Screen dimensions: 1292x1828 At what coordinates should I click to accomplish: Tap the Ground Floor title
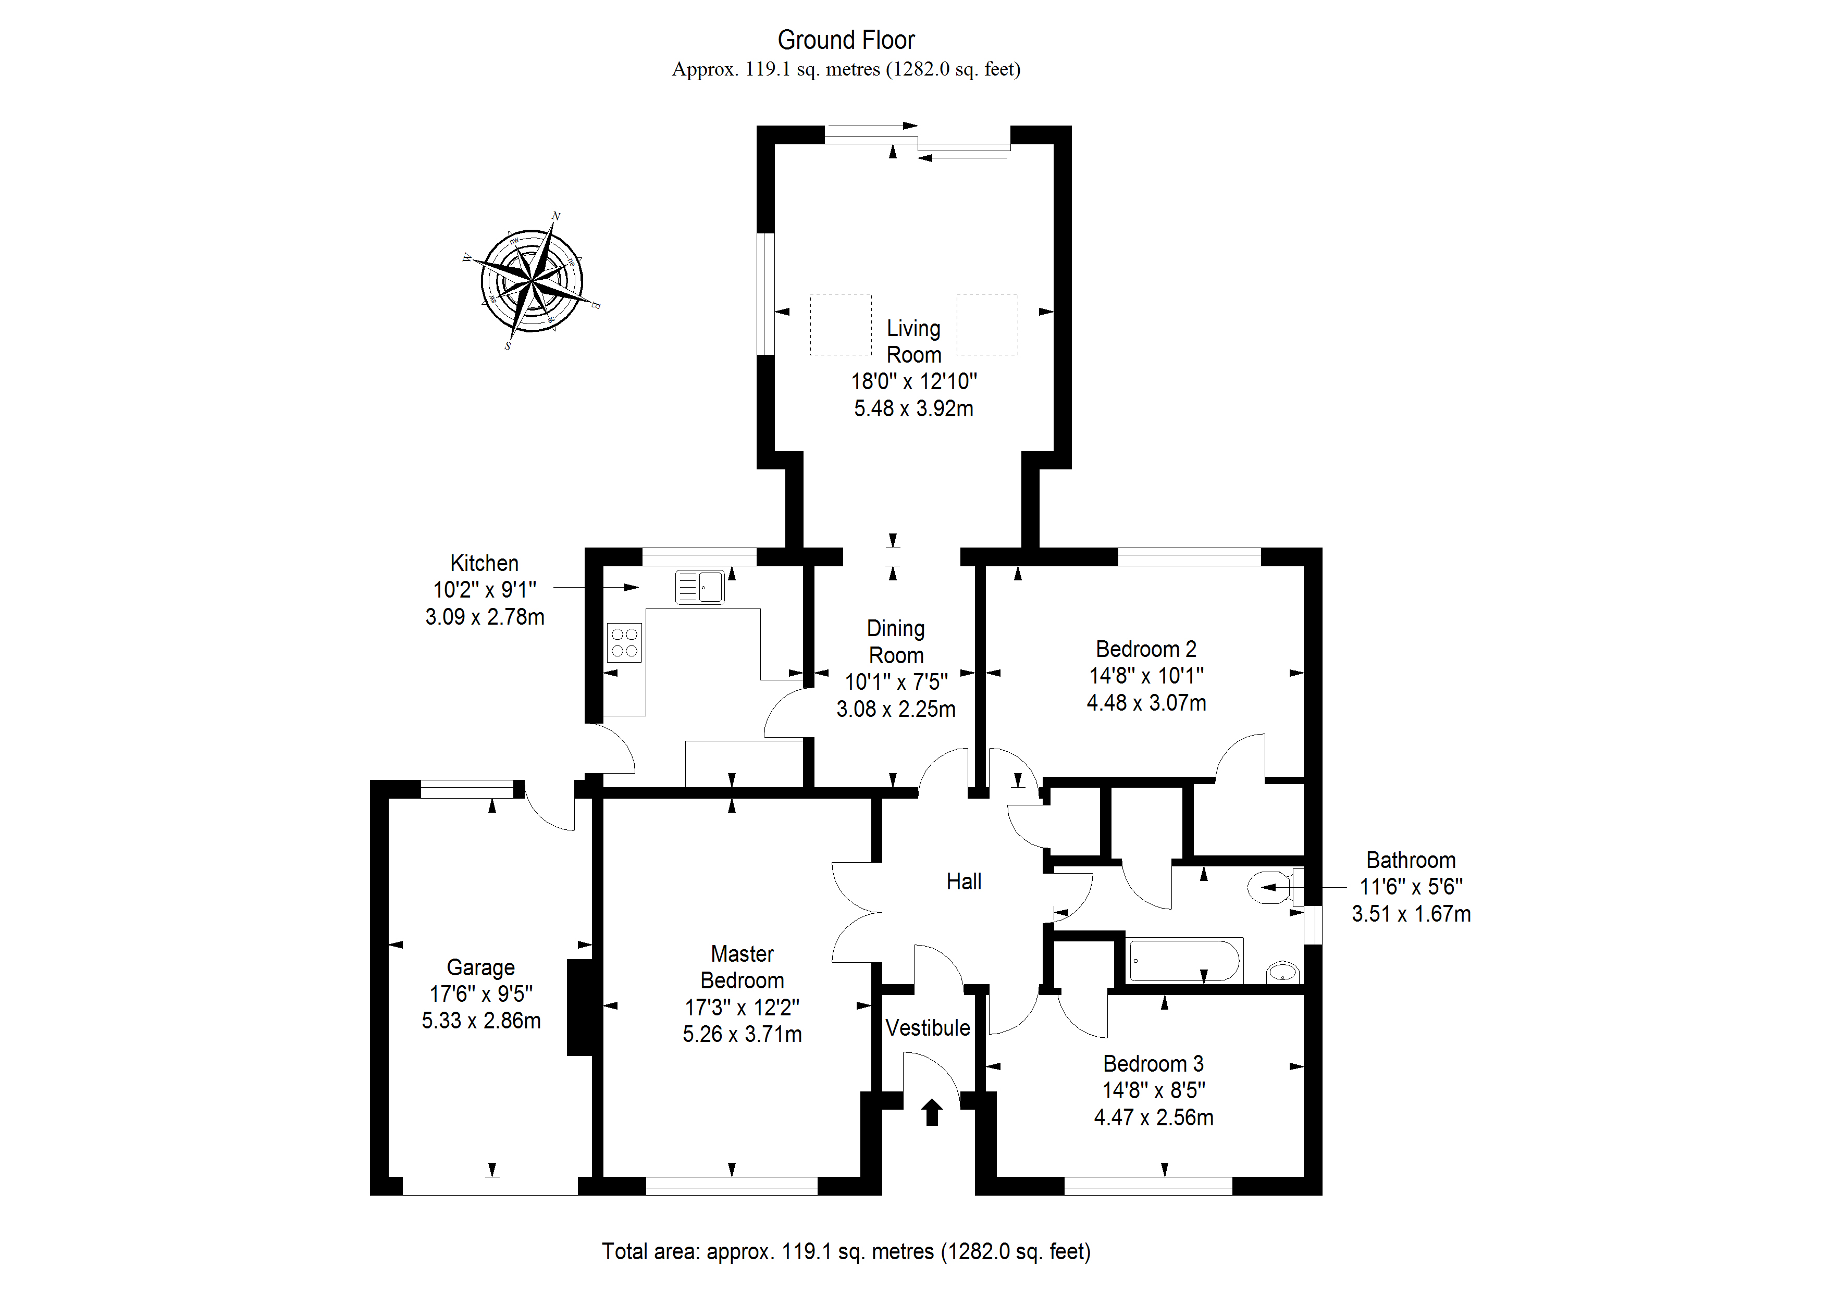pos(846,40)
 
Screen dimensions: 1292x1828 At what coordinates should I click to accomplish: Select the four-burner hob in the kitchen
pos(625,642)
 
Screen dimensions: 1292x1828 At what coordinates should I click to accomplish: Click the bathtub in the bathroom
pos(1184,961)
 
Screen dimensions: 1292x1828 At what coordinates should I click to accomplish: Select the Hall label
pos(964,881)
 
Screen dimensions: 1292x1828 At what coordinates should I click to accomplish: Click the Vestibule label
pos(928,1028)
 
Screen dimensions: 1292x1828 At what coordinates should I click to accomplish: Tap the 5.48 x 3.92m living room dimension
pos(913,408)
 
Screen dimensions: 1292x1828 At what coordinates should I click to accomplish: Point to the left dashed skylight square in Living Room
pos(841,324)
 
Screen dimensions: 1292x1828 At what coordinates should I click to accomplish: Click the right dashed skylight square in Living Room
pos(987,324)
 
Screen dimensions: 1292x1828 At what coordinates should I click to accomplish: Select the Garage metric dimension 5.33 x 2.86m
pos(481,1021)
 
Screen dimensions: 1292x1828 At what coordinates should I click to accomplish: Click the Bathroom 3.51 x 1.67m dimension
pos(1411,913)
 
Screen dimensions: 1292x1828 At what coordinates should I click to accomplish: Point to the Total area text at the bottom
pos(846,1251)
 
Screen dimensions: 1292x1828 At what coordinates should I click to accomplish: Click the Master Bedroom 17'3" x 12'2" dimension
pos(742,1007)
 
